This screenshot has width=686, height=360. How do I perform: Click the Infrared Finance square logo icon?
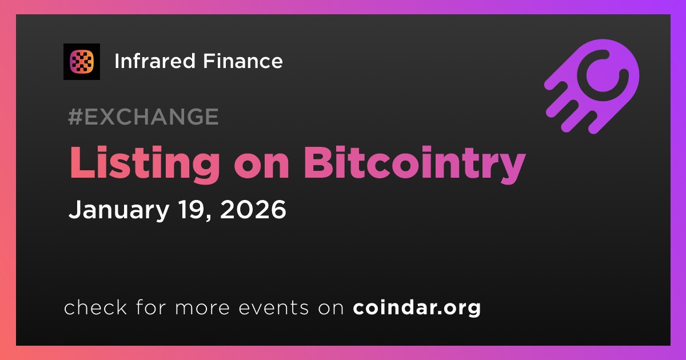(x=82, y=62)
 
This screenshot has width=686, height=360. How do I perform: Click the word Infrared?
(x=155, y=61)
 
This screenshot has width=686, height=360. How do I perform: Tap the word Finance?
(x=243, y=61)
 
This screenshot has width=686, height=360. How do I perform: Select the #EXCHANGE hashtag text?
(x=143, y=117)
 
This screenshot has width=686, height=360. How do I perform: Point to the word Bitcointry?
(x=414, y=165)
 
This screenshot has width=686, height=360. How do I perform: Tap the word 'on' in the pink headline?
(x=262, y=167)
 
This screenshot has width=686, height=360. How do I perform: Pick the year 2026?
(x=253, y=209)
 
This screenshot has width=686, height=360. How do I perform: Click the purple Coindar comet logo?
(x=592, y=86)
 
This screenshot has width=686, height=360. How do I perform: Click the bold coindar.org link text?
(x=417, y=307)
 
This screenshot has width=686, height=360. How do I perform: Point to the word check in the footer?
(x=95, y=307)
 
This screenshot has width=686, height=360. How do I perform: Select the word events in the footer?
(x=274, y=308)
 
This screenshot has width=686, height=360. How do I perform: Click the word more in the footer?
(x=202, y=309)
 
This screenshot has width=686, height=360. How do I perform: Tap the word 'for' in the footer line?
(x=151, y=307)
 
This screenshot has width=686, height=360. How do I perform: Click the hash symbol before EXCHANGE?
(x=75, y=117)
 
